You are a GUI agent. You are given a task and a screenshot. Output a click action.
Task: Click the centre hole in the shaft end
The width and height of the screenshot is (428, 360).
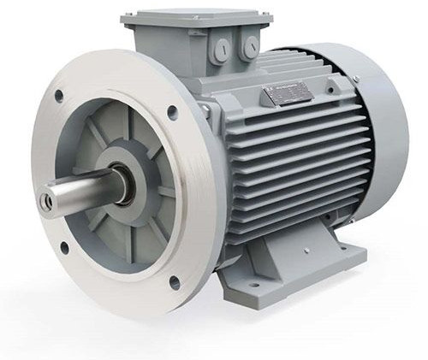(x=51, y=202)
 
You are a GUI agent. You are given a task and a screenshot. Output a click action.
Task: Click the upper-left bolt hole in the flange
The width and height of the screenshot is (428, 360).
(x=58, y=95)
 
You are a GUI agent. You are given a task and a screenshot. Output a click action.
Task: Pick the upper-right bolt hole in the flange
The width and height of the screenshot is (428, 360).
(x=172, y=110)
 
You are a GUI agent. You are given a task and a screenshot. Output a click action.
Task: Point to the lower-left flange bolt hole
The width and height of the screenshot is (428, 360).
(x=63, y=249)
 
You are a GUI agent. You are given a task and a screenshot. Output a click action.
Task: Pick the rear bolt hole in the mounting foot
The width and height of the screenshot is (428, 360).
(x=342, y=248)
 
